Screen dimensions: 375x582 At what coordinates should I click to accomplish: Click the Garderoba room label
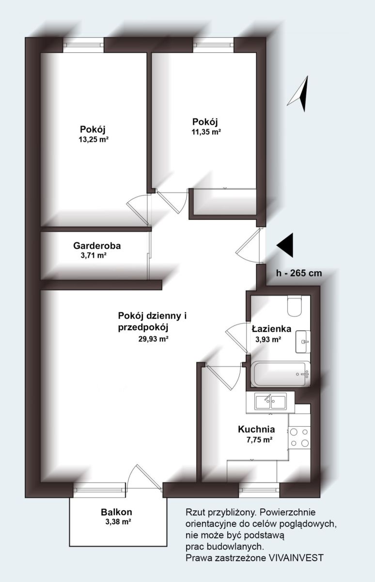97,245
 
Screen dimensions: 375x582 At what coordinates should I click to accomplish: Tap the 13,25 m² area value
94,140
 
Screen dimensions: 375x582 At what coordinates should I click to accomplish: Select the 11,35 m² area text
206,132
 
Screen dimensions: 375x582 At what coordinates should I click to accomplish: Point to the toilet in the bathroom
294,306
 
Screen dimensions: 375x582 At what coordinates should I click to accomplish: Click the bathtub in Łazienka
280,374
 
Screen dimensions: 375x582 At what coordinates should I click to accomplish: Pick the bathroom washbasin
303,341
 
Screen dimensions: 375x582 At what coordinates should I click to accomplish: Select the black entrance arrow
285,245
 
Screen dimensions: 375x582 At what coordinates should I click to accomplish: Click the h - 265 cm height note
299,273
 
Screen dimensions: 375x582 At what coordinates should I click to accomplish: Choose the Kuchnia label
256,429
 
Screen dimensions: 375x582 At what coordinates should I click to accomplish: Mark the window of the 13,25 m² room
83,45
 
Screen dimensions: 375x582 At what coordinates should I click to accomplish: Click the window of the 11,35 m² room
214,45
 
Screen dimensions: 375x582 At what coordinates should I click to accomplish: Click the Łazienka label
271,329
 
